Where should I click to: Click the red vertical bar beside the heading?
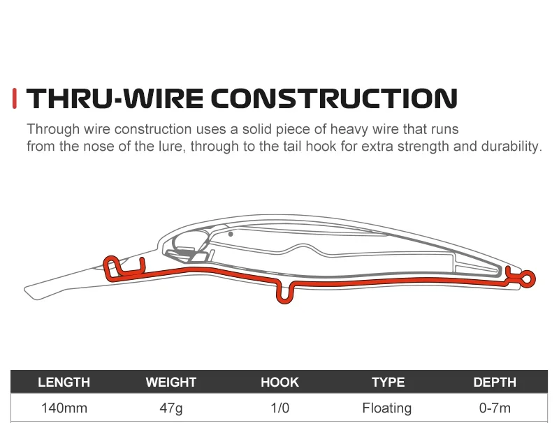coord(15,98)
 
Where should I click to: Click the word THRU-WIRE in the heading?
coord(115,98)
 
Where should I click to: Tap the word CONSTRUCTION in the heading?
coord(334,98)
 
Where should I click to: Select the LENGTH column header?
coord(64,382)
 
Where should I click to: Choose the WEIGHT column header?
coord(171,382)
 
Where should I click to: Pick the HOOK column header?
coord(280,382)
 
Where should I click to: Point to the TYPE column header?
coord(389,382)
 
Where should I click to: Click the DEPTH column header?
coord(495,382)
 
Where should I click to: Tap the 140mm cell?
coord(64,408)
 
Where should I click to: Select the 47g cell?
coord(171,408)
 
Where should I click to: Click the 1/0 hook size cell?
coord(280,408)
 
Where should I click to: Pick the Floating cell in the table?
coord(387,408)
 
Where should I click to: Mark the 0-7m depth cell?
coord(495,408)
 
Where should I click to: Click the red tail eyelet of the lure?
coord(534,279)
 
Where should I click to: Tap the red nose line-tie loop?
coord(106,265)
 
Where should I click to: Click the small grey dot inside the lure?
coord(231,234)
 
